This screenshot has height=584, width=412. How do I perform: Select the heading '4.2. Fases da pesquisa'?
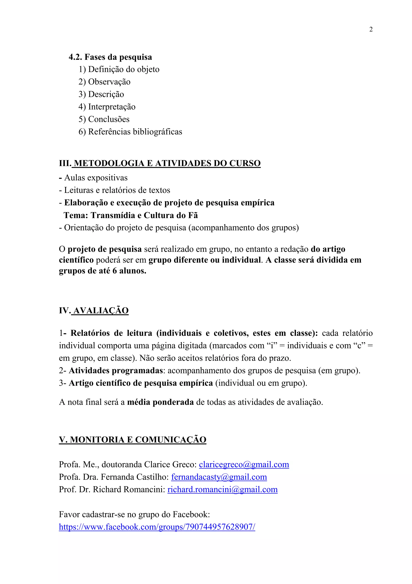pyautogui.click(x=110, y=57)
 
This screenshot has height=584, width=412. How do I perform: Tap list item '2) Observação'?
pyautogui.click(x=104, y=82)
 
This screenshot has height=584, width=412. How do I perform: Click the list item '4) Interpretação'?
pyautogui.click(x=107, y=107)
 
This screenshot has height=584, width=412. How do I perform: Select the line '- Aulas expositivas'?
pyautogui.click(x=93, y=178)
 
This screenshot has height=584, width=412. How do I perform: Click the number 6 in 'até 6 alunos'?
pyautogui.click(x=114, y=271)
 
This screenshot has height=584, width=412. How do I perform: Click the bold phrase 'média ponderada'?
pyautogui.click(x=160, y=402)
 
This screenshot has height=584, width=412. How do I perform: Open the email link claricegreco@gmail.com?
pyautogui.click(x=244, y=464)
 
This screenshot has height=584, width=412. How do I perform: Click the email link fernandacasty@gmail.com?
pyautogui.click(x=219, y=477)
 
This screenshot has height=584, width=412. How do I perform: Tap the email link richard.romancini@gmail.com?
pyautogui.click(x=222, y=489)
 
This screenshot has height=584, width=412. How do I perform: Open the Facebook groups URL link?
pyautogui.click(x=157, y=527)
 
